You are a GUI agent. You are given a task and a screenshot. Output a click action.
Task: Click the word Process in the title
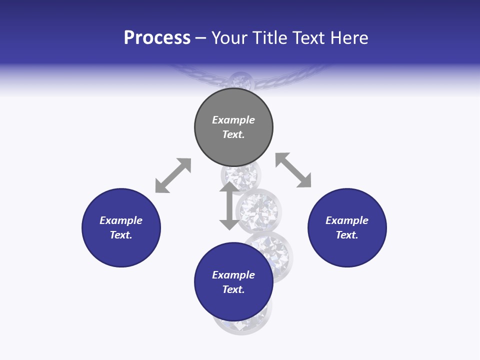pos(157,37)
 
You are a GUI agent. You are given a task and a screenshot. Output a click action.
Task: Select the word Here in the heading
pos(350,37)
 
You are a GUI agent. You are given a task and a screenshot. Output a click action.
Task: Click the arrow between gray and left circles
pos(173,175)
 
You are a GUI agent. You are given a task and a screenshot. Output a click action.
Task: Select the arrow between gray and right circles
pos(293,170)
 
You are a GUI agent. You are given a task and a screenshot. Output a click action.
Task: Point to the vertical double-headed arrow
pos(229,206)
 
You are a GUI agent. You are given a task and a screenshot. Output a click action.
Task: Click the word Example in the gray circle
pos(233,120)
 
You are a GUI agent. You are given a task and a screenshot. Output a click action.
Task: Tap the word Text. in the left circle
pos(121,235)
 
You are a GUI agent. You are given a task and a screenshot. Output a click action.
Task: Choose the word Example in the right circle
pos(347,220)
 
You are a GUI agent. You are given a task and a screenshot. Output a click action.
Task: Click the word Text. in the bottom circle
pos(233,289)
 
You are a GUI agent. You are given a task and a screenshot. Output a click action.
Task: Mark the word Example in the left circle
pos(121,220)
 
